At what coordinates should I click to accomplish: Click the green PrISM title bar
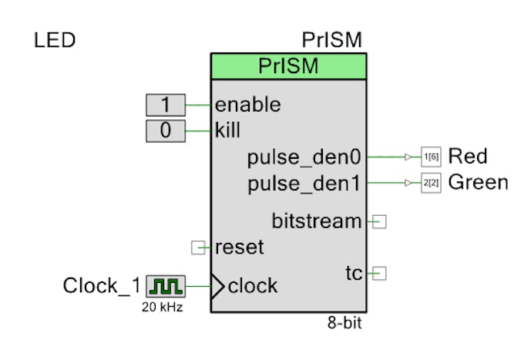[x=289, y=66]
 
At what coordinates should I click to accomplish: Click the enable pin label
[x=247, y=105]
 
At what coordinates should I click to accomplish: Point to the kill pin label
[x=228, y=130]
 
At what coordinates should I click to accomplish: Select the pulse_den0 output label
[x=304, y=157]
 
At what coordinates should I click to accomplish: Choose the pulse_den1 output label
[x=304, y=183]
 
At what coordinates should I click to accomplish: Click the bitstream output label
[x=317, y=221]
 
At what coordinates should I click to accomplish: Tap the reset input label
[x=239, y=247]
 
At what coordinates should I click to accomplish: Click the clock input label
[x=253, y=286]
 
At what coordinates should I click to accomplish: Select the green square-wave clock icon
[x=166, y=287]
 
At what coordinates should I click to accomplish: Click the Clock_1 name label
[x=102, y=287]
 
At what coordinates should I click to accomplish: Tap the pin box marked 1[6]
[x=430, y=157]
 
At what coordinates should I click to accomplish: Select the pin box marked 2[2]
[x=430, y=184]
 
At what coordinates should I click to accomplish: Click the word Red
[x=468, y=156]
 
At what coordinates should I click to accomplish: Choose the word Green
[x=478, y=183]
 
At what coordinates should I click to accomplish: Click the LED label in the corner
[x=55, y=40]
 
